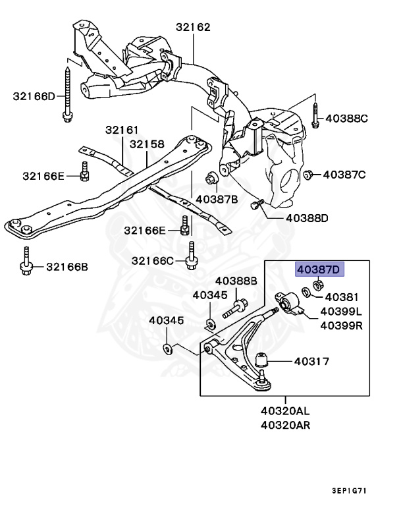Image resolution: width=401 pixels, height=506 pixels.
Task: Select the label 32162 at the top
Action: click(193, 27)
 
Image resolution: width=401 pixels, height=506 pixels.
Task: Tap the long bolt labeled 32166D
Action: click(67, 94)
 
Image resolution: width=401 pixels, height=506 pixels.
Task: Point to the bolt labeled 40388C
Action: click(315, 115)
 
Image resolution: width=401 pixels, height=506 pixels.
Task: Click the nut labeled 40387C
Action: click(307, 175)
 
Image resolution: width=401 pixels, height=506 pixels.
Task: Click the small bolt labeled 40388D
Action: click(257, 204)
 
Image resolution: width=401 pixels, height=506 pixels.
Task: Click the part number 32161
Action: click(122, 130)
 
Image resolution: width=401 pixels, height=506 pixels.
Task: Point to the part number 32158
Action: click(147, 144)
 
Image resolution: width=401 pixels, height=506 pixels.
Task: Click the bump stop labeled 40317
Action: click(262, 360)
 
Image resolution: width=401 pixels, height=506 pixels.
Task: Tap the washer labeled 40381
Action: click(306, 293)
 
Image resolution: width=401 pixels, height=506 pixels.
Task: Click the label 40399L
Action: click(341, 312)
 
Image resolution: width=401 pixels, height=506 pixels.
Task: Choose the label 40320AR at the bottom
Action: click(285, 425)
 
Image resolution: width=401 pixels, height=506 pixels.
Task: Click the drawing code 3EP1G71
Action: click(350, 490)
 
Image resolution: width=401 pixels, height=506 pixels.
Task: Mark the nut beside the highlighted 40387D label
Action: click(318, 285)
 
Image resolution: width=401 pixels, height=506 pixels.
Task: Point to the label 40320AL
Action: click(285, 411)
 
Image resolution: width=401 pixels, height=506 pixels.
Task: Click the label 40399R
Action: click(341, 325)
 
